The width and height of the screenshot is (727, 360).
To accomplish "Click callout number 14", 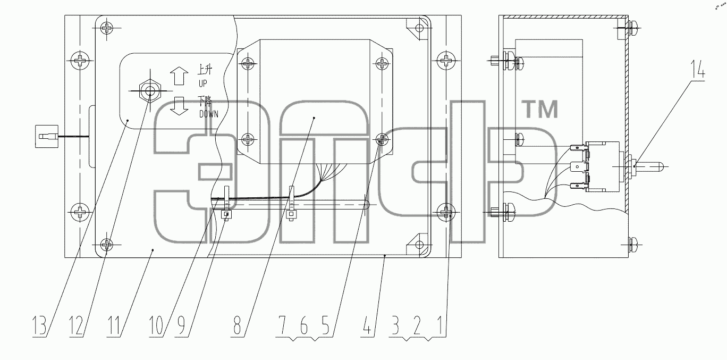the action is pos(697,69).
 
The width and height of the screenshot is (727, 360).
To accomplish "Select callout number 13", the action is pos(39,325).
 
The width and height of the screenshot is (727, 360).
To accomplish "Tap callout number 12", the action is pos(77,325).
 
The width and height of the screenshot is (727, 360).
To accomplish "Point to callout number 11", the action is pos(114,325).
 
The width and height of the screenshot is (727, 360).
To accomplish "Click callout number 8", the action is pos(237,325).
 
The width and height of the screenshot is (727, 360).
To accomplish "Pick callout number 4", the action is pos(367,325).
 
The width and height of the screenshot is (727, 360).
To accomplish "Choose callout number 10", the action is pos(156,325).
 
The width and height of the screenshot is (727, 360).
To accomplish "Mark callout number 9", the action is pos(181,325).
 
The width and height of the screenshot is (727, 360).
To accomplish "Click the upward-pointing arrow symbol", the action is pos(179,76).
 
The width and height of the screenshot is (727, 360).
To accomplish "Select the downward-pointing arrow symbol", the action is pos(179,106).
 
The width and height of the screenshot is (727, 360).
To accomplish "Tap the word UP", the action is pos(203,83).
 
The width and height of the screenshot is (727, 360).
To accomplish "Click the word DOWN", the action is pos(209,114).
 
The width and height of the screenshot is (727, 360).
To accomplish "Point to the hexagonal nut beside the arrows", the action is pos(150,91).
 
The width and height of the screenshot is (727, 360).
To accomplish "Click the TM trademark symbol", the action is pos(540,109).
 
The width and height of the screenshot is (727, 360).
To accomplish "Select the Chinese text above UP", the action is pos(205,70).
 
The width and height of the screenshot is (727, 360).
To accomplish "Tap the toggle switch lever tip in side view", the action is pos(660,166).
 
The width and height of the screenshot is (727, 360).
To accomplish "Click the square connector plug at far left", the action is pos(47,136).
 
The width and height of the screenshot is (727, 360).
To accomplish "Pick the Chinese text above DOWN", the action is pos(205,101).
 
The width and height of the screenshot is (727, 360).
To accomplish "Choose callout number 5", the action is pos(326,325).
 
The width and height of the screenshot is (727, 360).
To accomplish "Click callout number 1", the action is pos(440,325).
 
